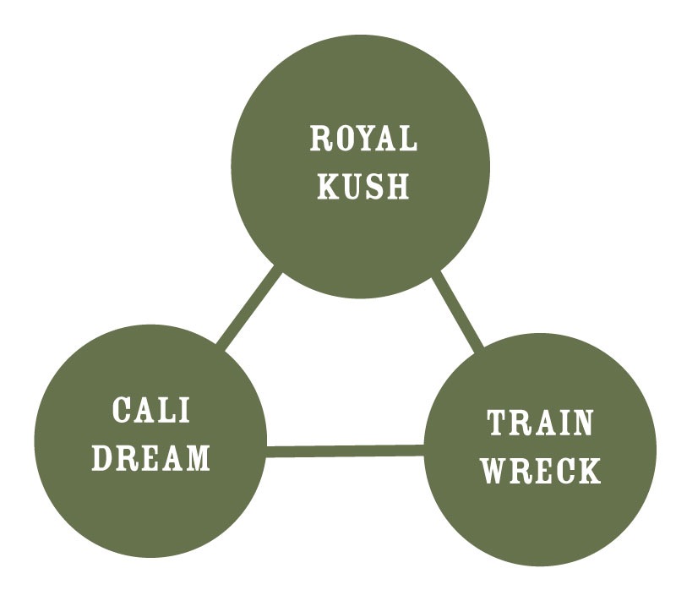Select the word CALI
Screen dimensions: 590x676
(x=151, y=412)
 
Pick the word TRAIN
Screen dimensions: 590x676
(x=540, y=424)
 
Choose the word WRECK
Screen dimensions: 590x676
(x=541, y=470)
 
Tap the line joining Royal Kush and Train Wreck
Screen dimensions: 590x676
(x=459, y=310)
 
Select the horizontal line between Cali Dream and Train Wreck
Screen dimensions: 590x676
(x=344, y=451)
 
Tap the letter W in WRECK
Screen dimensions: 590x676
(x=497, y=470)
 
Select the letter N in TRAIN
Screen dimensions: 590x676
(x=581, y=424)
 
